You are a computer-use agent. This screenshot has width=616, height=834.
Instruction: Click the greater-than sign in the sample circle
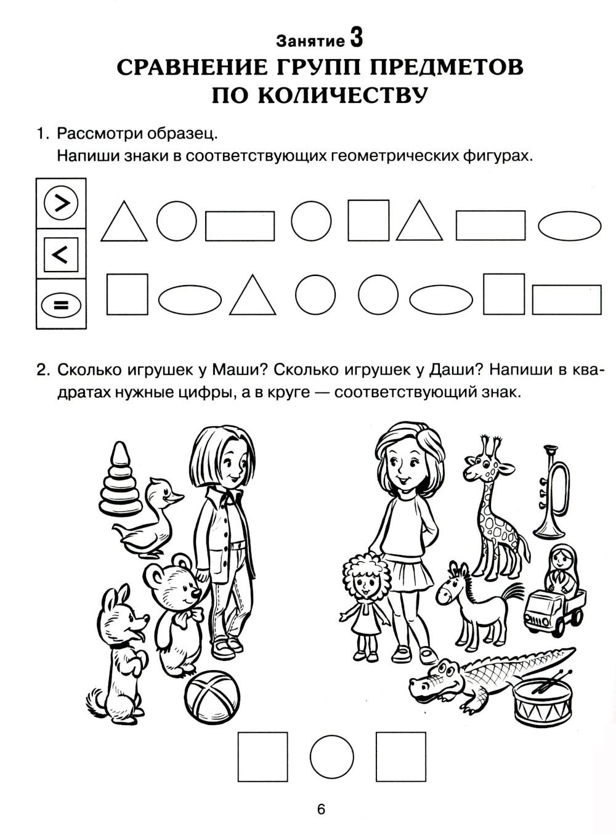[62, 203]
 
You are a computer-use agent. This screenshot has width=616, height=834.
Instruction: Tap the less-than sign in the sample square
[60, 254]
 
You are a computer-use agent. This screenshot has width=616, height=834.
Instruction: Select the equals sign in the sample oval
[61, 305]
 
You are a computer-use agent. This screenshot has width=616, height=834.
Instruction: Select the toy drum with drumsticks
[543, 700]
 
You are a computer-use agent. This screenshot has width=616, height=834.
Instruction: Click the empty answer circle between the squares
[331, 757]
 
